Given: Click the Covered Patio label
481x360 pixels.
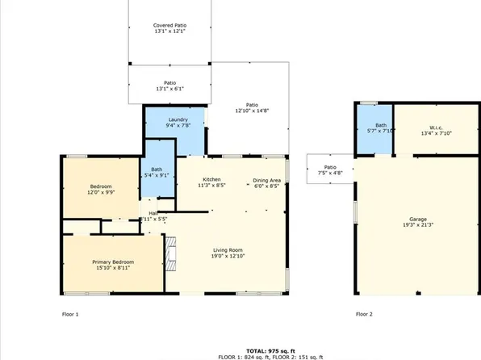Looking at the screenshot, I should (169, 26).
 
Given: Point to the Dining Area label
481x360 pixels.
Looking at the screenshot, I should (266, 179).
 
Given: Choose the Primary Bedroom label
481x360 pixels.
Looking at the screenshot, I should (112, 262).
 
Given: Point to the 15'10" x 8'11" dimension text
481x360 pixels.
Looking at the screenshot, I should (112, 268).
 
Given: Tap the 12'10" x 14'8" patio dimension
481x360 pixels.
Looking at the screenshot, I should (252, 111).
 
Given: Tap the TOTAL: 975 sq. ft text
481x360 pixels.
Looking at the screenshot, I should (240, 348).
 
